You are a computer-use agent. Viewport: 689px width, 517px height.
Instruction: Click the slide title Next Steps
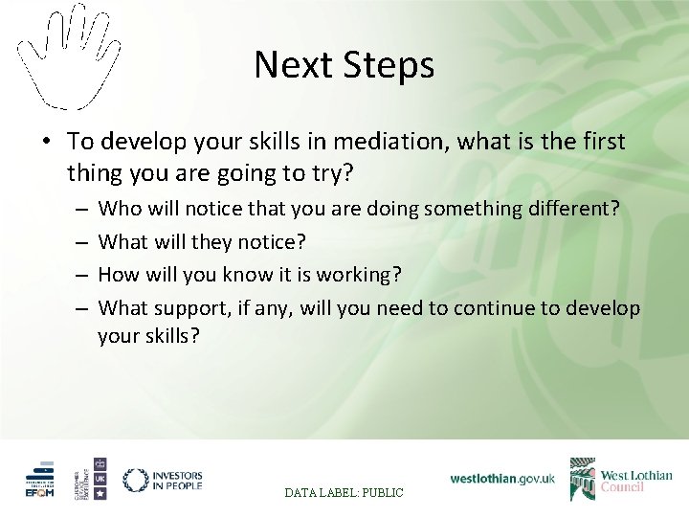coord(344,66)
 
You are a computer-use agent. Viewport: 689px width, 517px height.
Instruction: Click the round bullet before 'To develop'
coord(46,143)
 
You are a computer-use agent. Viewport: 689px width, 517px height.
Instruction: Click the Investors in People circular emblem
coord(136,480)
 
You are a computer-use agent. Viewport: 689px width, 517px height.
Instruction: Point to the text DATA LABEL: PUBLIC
coord(345,492)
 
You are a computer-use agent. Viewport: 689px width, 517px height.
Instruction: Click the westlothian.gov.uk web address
coord(502,478)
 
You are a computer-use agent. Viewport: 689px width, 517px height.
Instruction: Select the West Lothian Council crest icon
coord(582,479)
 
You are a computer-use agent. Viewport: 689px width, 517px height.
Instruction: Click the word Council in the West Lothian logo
coord(622,486)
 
